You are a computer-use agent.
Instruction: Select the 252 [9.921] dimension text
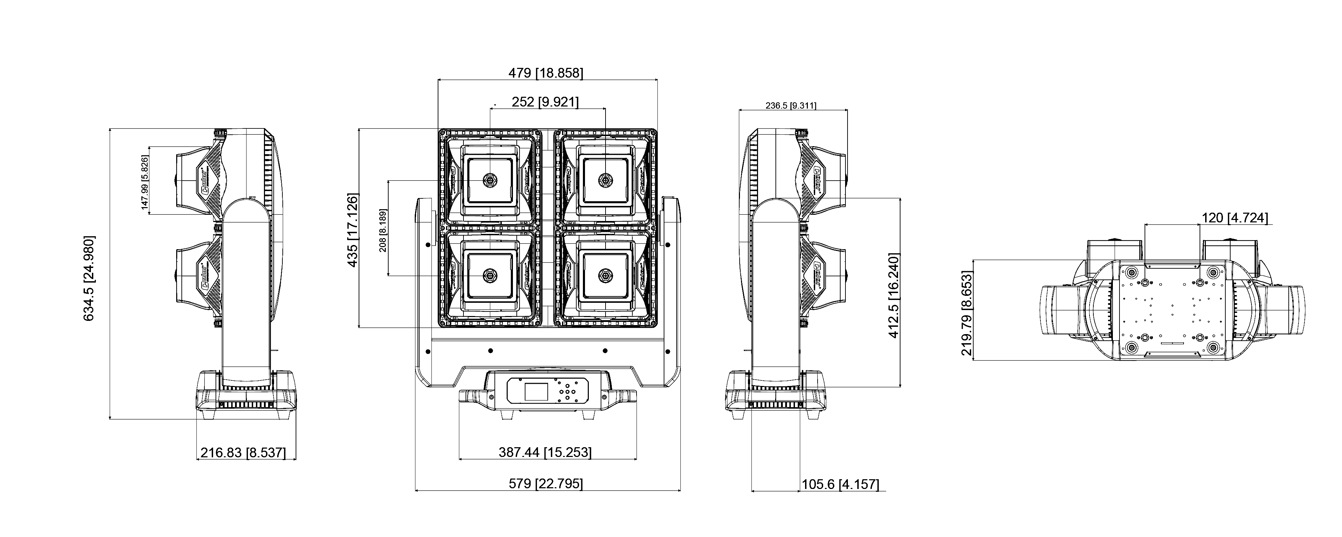click(545, 102)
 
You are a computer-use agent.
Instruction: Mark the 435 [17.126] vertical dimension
click(353, 230)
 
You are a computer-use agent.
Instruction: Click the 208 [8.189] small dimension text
click(383, 231)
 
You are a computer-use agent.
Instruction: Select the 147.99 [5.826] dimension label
click(145, 183)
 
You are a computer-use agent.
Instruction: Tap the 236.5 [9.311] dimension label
click(790, 106)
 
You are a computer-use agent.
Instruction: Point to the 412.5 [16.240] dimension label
click(894, 296)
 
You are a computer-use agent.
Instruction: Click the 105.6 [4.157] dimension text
click(840, 484)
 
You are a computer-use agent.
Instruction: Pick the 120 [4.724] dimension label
click(1235, 218)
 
